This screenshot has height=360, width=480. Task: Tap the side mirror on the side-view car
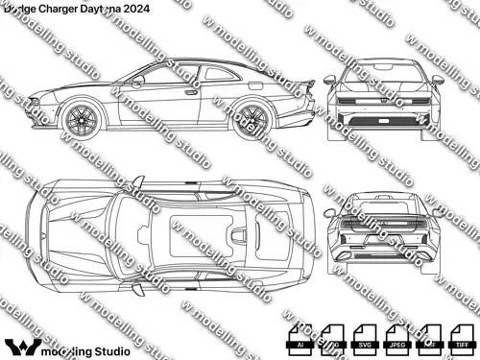coord(137,84)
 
